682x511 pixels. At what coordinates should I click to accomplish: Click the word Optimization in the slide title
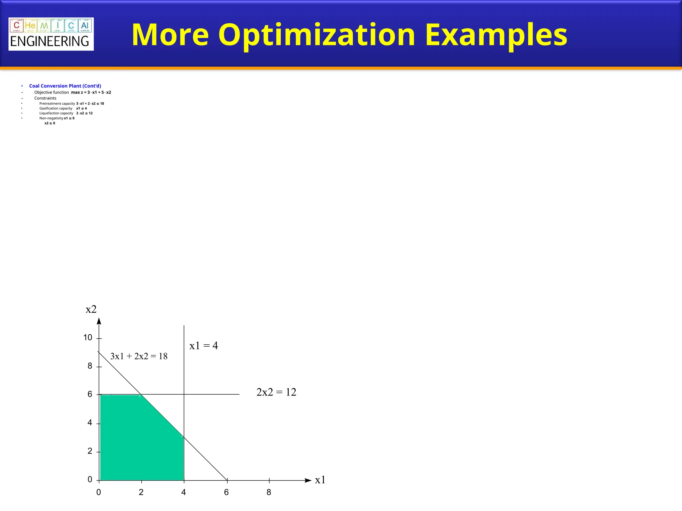[317, 35]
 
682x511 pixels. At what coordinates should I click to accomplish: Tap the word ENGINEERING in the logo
[50, 42]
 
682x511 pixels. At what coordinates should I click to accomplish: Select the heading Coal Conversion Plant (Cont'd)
[65, 86]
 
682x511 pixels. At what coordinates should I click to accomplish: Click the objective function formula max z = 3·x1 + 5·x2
[91, 92]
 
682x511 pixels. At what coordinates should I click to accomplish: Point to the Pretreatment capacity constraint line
[72, 103]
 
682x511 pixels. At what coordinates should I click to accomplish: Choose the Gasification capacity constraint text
[63, 108]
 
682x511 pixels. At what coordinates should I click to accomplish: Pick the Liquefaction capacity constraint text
[66, 113]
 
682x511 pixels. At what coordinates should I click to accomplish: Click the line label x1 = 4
[203, 346]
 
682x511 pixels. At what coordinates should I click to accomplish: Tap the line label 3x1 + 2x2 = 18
[139, 356]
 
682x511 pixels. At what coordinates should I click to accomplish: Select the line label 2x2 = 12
[276, 392]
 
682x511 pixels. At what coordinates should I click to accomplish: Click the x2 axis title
[91, 309]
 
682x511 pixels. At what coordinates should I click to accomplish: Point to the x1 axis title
[320, 480]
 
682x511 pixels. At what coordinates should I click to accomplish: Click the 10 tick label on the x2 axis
[88, 338]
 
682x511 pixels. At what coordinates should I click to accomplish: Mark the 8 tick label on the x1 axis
[269, 492]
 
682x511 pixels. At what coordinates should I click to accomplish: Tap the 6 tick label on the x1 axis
[226, 492]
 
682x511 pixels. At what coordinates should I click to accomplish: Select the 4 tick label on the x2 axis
[90, 423]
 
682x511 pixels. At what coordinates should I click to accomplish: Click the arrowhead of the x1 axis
[308, 480]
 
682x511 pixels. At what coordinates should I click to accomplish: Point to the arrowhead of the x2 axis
[99, 321]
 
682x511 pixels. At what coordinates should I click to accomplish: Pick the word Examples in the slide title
[496, 35]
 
